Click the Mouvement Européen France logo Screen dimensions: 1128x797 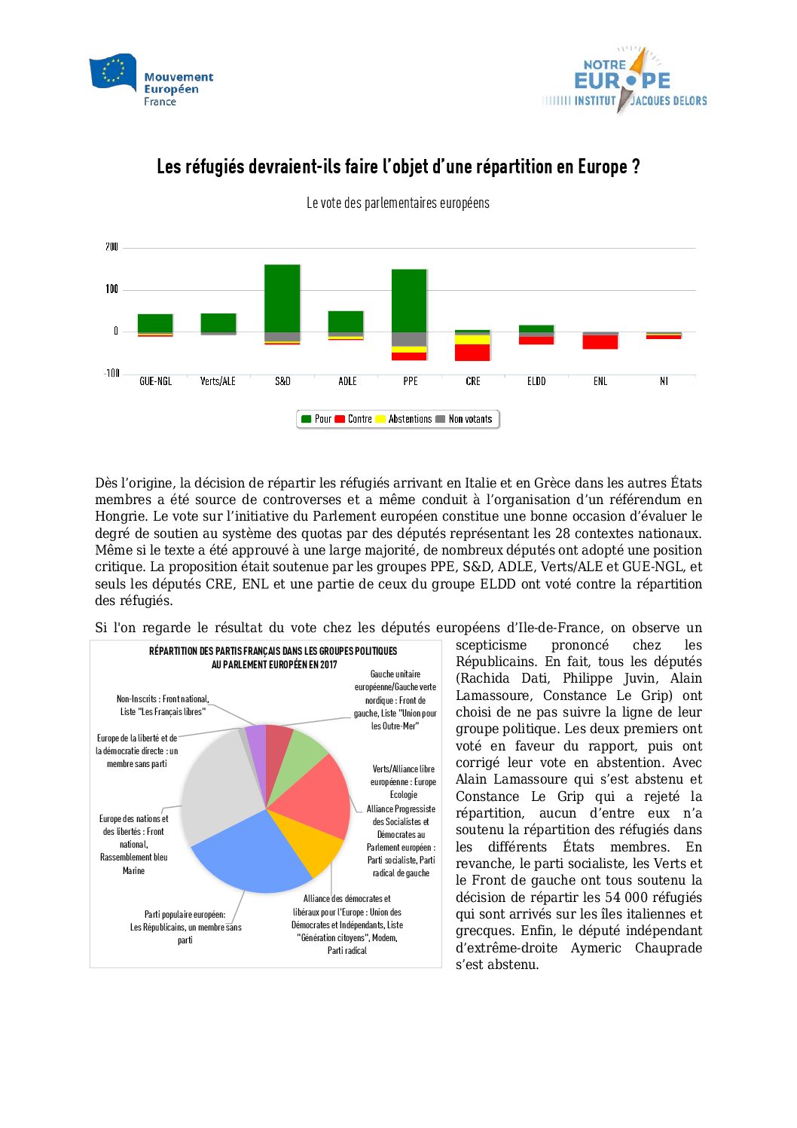[151, 80]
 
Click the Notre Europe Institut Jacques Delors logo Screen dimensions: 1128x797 [624, 80]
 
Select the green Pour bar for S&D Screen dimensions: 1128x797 [282, 298]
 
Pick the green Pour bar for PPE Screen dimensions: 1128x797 [409, 301]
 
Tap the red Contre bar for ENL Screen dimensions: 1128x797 [600, 342]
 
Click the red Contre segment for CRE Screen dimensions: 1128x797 [472, 352]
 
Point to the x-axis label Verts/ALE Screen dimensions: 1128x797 [218, 381]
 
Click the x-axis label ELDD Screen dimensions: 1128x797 [536, 381]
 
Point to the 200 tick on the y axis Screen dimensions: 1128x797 [111, 247]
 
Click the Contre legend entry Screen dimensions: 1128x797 [353, 419]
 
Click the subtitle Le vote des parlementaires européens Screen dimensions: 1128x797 [398, 203]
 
